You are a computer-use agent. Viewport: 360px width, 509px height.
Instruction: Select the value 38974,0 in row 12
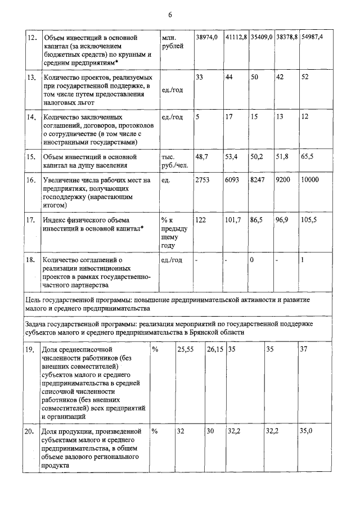tap(206, 37)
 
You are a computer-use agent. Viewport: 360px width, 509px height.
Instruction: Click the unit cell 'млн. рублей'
tap(172, 41)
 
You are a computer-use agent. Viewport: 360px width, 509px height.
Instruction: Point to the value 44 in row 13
tap(229, 77)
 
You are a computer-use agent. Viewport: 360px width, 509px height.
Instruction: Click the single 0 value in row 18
tap(253, 260)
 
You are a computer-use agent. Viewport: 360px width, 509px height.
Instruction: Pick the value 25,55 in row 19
tap(186, 350)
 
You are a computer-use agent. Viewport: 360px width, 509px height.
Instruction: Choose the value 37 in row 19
tap(304, 350)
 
